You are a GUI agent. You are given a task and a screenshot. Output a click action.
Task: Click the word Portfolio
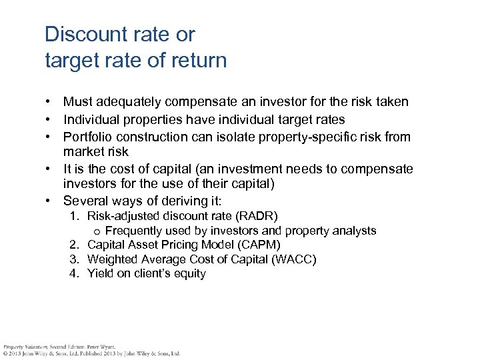pos(87,137)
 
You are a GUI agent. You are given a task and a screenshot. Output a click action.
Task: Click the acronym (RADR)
pos(257,216)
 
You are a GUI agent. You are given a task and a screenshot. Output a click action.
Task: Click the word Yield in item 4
pos(101,273)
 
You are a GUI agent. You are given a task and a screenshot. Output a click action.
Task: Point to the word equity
pos(189,273)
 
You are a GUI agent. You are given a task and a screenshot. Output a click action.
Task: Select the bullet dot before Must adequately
pos(49,102)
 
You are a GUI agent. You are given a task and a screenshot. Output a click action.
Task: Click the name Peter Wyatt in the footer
pos(102,347)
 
